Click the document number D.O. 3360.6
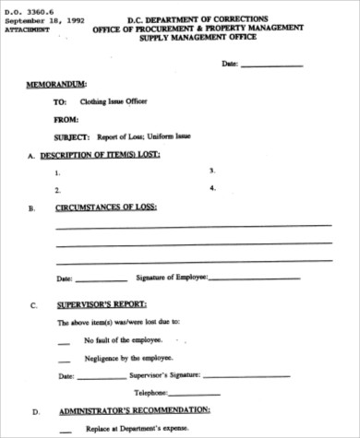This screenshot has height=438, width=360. [x=26, y=8]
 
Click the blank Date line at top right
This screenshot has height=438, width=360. [x=270, y=65]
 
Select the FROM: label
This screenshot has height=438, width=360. [x=66, y=120]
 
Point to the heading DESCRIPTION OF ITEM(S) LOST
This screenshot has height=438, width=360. [x=108, y=156]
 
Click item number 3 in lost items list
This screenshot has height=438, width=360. [x=212, y=171]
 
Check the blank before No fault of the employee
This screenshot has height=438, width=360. [x=64, y=342]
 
